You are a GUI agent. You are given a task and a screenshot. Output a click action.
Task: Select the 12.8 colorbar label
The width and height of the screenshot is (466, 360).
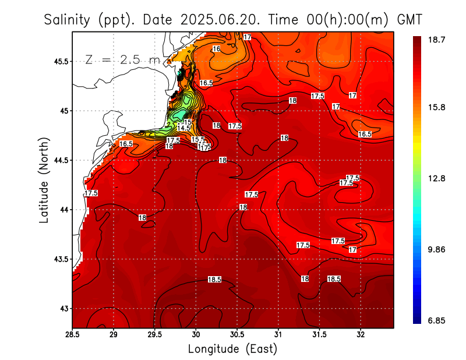pyautogui.click(x=436, y=179)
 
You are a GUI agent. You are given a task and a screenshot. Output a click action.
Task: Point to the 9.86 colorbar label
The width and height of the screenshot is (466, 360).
pyautogui.click(x=436, y=250)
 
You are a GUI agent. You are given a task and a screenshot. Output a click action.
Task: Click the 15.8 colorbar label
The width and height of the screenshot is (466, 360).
pyautogui.click(x=436, y=108)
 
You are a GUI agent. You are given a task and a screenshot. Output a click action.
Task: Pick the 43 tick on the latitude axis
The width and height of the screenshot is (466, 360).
pyautogui.click(x=63, y=308)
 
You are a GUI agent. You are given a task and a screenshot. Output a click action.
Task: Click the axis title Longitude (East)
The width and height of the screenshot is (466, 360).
pyautogui.click(x=232, y=349)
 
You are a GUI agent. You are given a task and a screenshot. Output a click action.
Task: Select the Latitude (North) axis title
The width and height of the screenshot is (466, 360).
pyautogui.click(x=44, y=180)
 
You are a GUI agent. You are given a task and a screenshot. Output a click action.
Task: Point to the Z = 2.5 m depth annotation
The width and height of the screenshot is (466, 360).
pyautogui.click(x=122, y=59)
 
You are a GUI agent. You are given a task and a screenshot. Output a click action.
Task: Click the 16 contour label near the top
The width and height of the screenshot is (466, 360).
pyautogui.click(x=216, y=49)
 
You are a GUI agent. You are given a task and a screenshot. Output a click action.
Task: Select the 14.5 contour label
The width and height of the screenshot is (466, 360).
pyautogui.click(x=183, y=128)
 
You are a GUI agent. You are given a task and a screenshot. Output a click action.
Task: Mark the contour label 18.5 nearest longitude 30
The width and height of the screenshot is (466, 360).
pyautogui.click(x=214, y=280)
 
